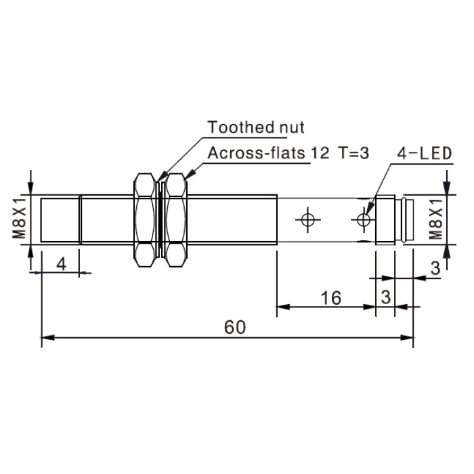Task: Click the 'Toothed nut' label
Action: click(x=256, y=127)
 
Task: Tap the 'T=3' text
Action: click(x=353, y=153)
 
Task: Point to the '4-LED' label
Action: click(x=424, y=153)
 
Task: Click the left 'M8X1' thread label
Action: click(x=19, y=219)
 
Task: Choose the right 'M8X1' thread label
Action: click(x=436, y=219)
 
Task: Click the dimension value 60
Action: click(x=235, y=327)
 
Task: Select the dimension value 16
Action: click(x=330, y=298)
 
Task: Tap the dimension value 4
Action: click(x=62, y=265)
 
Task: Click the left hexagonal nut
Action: click(x=145, y=220)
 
